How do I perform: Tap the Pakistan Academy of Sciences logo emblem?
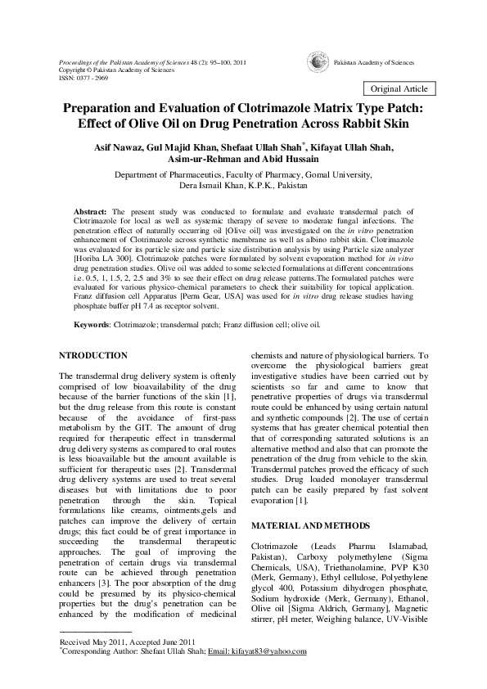(x=315, y=62)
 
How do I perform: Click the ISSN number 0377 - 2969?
(x=90, y=78)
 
